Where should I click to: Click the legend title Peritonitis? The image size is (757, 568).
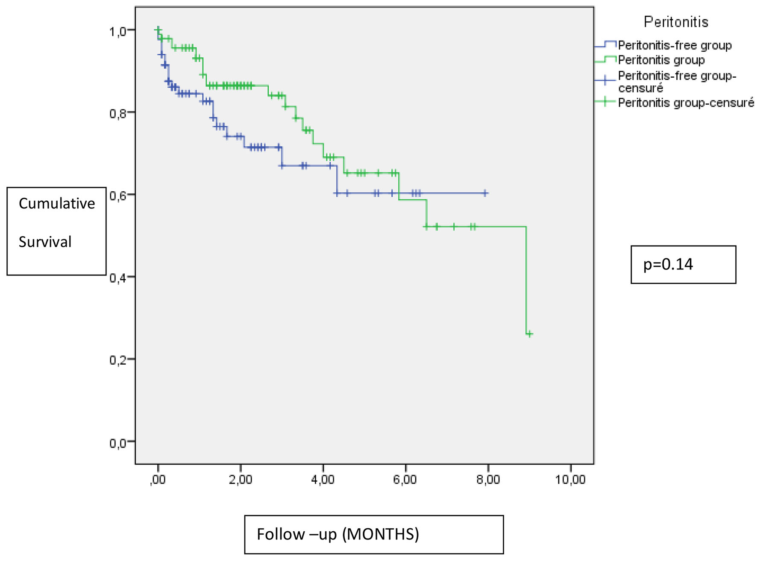676,22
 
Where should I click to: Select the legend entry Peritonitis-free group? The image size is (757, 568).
675,45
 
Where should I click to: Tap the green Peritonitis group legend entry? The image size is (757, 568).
661,60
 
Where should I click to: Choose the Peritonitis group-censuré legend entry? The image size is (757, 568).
686,103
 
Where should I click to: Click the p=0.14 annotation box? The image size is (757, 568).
683,264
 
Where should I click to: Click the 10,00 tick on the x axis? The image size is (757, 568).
570,480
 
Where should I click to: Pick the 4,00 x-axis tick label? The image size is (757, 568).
323,480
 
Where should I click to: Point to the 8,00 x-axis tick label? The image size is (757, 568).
488,480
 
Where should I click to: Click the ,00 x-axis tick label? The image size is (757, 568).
158,480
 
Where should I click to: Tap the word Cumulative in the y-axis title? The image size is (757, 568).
57,204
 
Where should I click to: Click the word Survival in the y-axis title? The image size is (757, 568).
45,242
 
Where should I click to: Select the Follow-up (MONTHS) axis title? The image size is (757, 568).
337,534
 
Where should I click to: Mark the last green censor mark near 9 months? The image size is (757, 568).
529,334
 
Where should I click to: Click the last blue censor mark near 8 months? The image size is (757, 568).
485,193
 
